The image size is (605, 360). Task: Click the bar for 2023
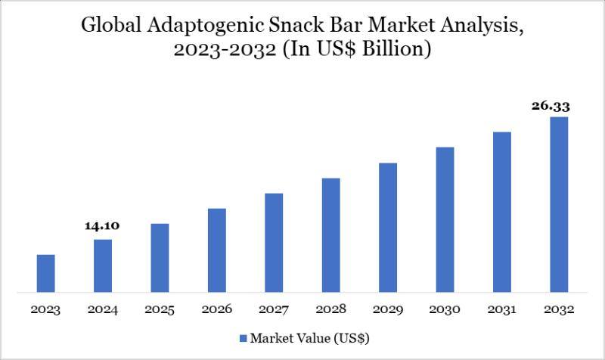(x=46, y=273)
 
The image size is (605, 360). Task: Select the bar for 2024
(x=103, y=265)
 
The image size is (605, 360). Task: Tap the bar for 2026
(x=217, y=250)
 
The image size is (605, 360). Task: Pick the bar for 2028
(x=330, y=234)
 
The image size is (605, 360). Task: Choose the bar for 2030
(x=445, y=219)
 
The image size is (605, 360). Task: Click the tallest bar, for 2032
(x=559, y=204)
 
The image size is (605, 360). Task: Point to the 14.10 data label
(x=103, y=226)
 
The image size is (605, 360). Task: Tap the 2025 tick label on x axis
(x=160, y=309)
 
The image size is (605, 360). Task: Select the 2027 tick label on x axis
(x=274, y=309)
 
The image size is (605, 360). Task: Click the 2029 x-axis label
(x=388, y=309)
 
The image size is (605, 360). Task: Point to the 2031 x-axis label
(x=502, y=309)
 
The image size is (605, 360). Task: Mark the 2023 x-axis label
(x=46, y=309)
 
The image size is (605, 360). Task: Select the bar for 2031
(x=502, y=212)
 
